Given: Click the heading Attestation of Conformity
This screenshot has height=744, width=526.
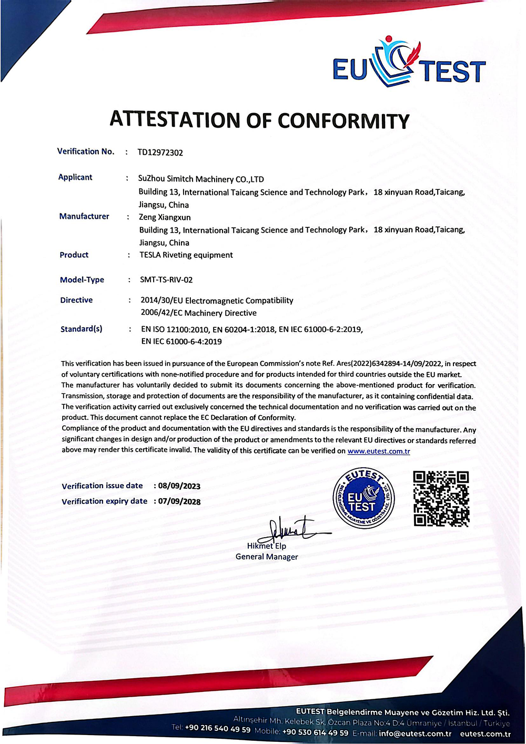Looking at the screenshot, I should coord(259,120).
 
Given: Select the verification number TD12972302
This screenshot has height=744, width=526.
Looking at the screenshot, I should coord(160,153).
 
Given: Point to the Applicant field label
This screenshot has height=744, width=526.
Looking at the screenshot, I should coord(75,177).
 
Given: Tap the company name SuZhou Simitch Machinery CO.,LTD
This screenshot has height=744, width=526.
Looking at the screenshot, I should coord(201,179).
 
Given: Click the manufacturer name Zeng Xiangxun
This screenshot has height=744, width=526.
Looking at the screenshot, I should coord(165,217).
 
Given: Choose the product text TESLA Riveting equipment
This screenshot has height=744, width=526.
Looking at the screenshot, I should coord(186,255).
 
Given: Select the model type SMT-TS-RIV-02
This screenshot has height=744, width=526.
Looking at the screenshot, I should coord(166,280).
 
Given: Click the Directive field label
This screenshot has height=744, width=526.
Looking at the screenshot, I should coord(76,300).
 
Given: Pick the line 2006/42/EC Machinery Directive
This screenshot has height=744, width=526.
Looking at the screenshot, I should coord(199,313).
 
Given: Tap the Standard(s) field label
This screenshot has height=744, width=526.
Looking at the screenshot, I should coord(82,329).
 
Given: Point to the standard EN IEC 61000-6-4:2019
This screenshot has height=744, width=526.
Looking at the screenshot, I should coord(181,341).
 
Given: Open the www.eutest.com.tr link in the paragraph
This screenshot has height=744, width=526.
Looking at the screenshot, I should coord(379,451).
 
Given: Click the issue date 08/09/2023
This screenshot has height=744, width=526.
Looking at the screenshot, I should coord(179,486).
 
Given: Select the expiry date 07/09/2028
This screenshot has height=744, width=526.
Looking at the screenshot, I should coord(179,501).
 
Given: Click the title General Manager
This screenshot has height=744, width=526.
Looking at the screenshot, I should coord(267,557).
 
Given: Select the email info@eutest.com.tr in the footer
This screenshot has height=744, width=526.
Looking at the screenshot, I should coord(415,733).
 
